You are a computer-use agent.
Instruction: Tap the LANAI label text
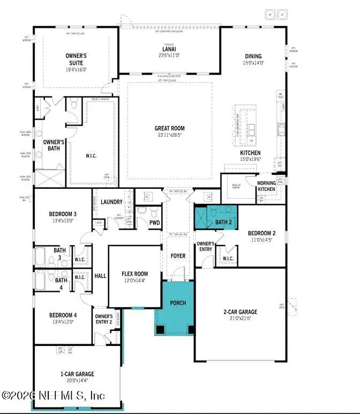169,48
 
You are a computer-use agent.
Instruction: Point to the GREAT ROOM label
169,128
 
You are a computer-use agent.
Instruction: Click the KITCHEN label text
250,153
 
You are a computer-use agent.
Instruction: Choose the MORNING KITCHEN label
266,186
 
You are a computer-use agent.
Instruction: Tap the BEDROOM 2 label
261,233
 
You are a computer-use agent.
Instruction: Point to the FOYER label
177,256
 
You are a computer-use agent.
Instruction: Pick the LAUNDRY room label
112,202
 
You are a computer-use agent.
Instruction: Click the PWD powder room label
154,223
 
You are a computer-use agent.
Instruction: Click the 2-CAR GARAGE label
240,312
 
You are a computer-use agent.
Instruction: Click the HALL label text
100,276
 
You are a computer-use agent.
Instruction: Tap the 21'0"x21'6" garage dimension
240,318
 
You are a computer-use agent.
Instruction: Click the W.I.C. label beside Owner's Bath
91,157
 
